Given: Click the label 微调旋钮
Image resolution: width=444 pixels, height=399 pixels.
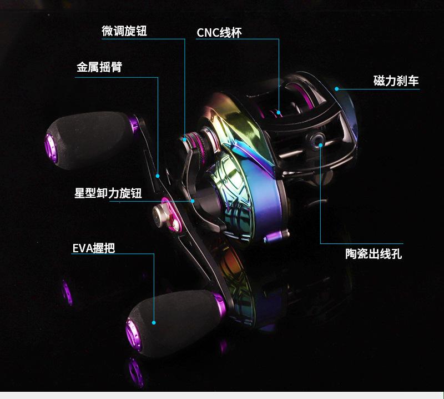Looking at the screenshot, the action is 124,31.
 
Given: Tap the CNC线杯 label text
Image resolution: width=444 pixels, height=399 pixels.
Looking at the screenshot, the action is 219,33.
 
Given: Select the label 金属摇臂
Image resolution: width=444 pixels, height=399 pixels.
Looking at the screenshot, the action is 99,67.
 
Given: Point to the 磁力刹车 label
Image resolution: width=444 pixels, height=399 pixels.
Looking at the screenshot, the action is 396,81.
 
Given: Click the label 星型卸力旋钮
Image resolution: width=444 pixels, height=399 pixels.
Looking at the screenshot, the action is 109,193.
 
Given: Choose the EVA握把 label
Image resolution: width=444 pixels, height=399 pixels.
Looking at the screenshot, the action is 94,248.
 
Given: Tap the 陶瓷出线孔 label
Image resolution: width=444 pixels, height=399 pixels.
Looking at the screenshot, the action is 374,255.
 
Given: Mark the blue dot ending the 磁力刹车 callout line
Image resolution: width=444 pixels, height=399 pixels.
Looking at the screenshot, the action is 336,88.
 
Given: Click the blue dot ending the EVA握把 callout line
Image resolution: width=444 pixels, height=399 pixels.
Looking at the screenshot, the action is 154,322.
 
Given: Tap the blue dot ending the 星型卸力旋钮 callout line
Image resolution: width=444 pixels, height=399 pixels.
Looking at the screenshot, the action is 192,201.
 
